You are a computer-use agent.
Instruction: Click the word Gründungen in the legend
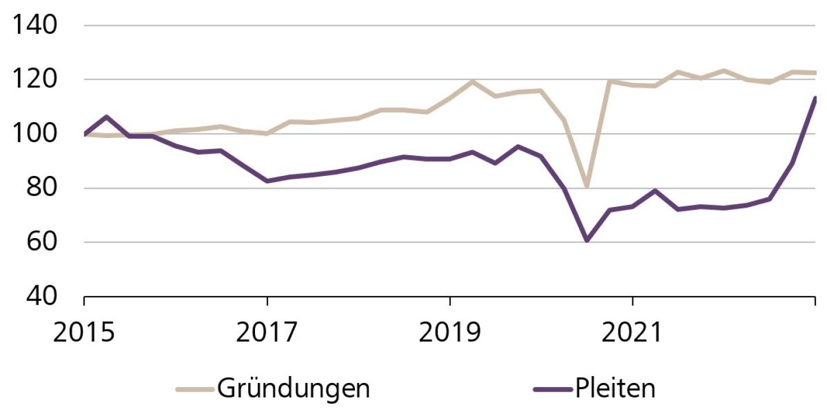pyautogui.click(x=293, y=389)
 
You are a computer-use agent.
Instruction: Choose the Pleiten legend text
pyautogui.click(x=614, y=389)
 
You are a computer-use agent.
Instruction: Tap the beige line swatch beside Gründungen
pyautogui.click(x=195, y=389)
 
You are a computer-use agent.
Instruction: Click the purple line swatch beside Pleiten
pyautogui.click(x=552, y=389)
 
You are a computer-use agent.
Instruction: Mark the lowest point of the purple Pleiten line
pyautogui.click(x=587, y=240)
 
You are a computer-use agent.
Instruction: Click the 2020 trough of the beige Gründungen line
pyautogui.click(x=587, y=186)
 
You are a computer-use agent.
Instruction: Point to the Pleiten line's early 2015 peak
pyautogui.click(x=107, y=117)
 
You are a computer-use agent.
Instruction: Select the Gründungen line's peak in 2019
pyautogui.click(x=473, y=82)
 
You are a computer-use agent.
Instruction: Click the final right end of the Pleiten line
pyautogui.click(x=815, y=98)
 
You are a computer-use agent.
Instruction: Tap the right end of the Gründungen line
pyautogui.click(x=815, y=72)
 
